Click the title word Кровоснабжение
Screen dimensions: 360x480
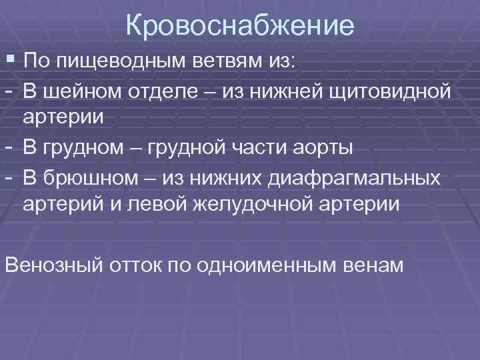coord(240,27)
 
